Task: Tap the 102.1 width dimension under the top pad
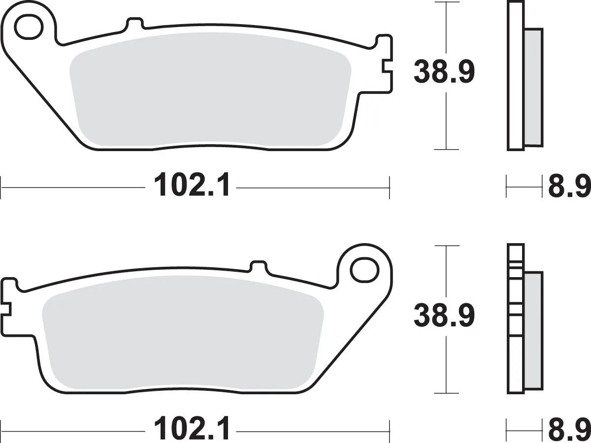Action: pyautogui.click(x=192, y=186)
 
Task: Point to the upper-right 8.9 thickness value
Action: pyautogui.click(x=569, y=186)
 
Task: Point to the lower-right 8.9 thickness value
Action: pyautogui.click(x=569, y=430)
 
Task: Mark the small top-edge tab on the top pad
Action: pyautogui.click(x=134, y=24)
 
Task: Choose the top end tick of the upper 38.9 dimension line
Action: pyautogui.click(x=446, y=3)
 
